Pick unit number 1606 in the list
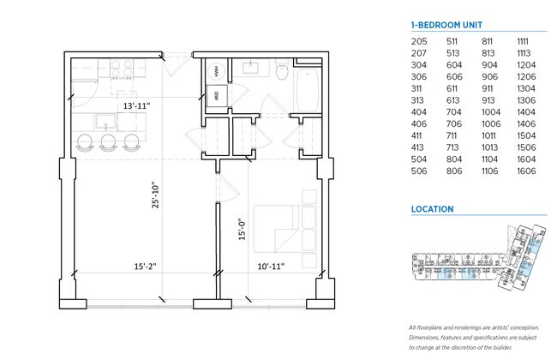(527, 171)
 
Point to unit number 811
(488, 40)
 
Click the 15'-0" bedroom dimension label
(243, 229)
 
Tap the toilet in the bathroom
(281, 74)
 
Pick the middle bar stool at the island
(107, 143)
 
